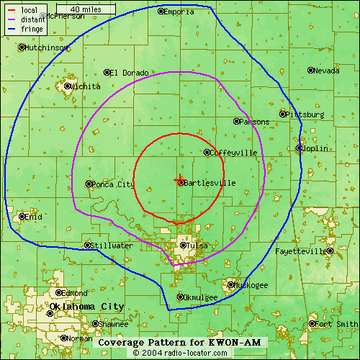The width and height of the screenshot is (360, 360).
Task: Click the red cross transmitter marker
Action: click(x=179, y=179)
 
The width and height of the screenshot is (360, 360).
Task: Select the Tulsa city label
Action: click(x=197, y=246)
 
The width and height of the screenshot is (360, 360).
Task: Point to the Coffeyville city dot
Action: click(x=207, y=152)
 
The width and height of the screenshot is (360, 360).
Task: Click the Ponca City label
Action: click(x=114, y=184)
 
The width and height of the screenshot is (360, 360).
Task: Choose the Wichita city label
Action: click(x=86, y=86)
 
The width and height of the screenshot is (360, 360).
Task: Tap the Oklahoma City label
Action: click(x=86, y=307)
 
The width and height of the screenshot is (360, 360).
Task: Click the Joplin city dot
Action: click(x=300, y=148)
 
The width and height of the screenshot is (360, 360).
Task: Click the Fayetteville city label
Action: click(x=301, y=251)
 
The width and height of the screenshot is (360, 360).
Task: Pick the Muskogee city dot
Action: click(x=230, y=285)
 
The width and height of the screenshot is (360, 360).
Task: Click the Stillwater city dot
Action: click(x=88, y=246)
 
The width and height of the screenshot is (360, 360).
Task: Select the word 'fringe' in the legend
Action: click(x=32, y=29)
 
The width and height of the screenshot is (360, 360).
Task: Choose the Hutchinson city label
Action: click(x=48, y=48)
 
